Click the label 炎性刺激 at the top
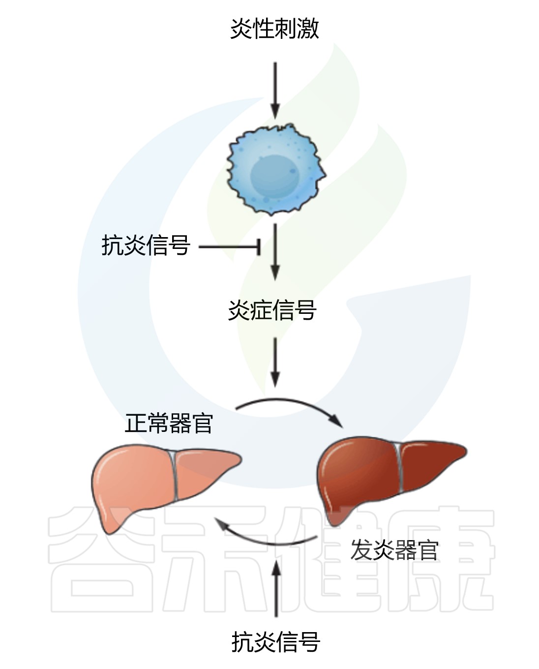coord(274,29)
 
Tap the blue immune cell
coord(276,169)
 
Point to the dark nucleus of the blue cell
coord(275,176)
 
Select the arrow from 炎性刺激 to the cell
coord(275,90)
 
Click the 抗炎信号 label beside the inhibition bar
coord(146,245)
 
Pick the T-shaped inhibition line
coord(230,247)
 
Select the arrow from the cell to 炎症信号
coord(275,252)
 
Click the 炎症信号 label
coord(272,310)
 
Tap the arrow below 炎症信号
coord(275,362)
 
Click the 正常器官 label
coord(169,423)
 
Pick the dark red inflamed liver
coord(391,480)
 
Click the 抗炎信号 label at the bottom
coord(276,642)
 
